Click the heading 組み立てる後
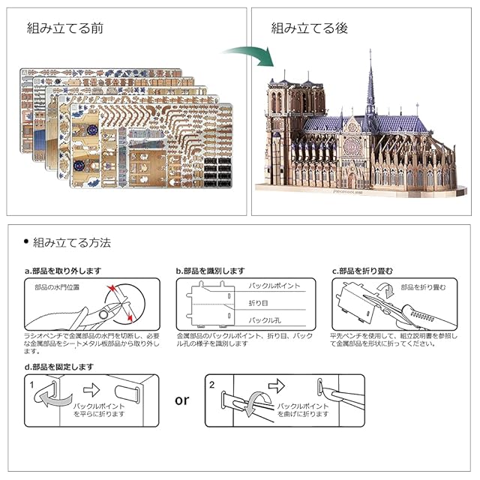pos(310,29)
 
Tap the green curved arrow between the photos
pos(247,57)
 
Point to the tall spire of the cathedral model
pos(370,82)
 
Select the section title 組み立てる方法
pos(73,242)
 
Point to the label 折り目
pos(258,302)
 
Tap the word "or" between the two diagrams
pos(182,400)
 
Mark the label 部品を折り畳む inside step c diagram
pos(423,287)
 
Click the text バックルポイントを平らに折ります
pos(98,409)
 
